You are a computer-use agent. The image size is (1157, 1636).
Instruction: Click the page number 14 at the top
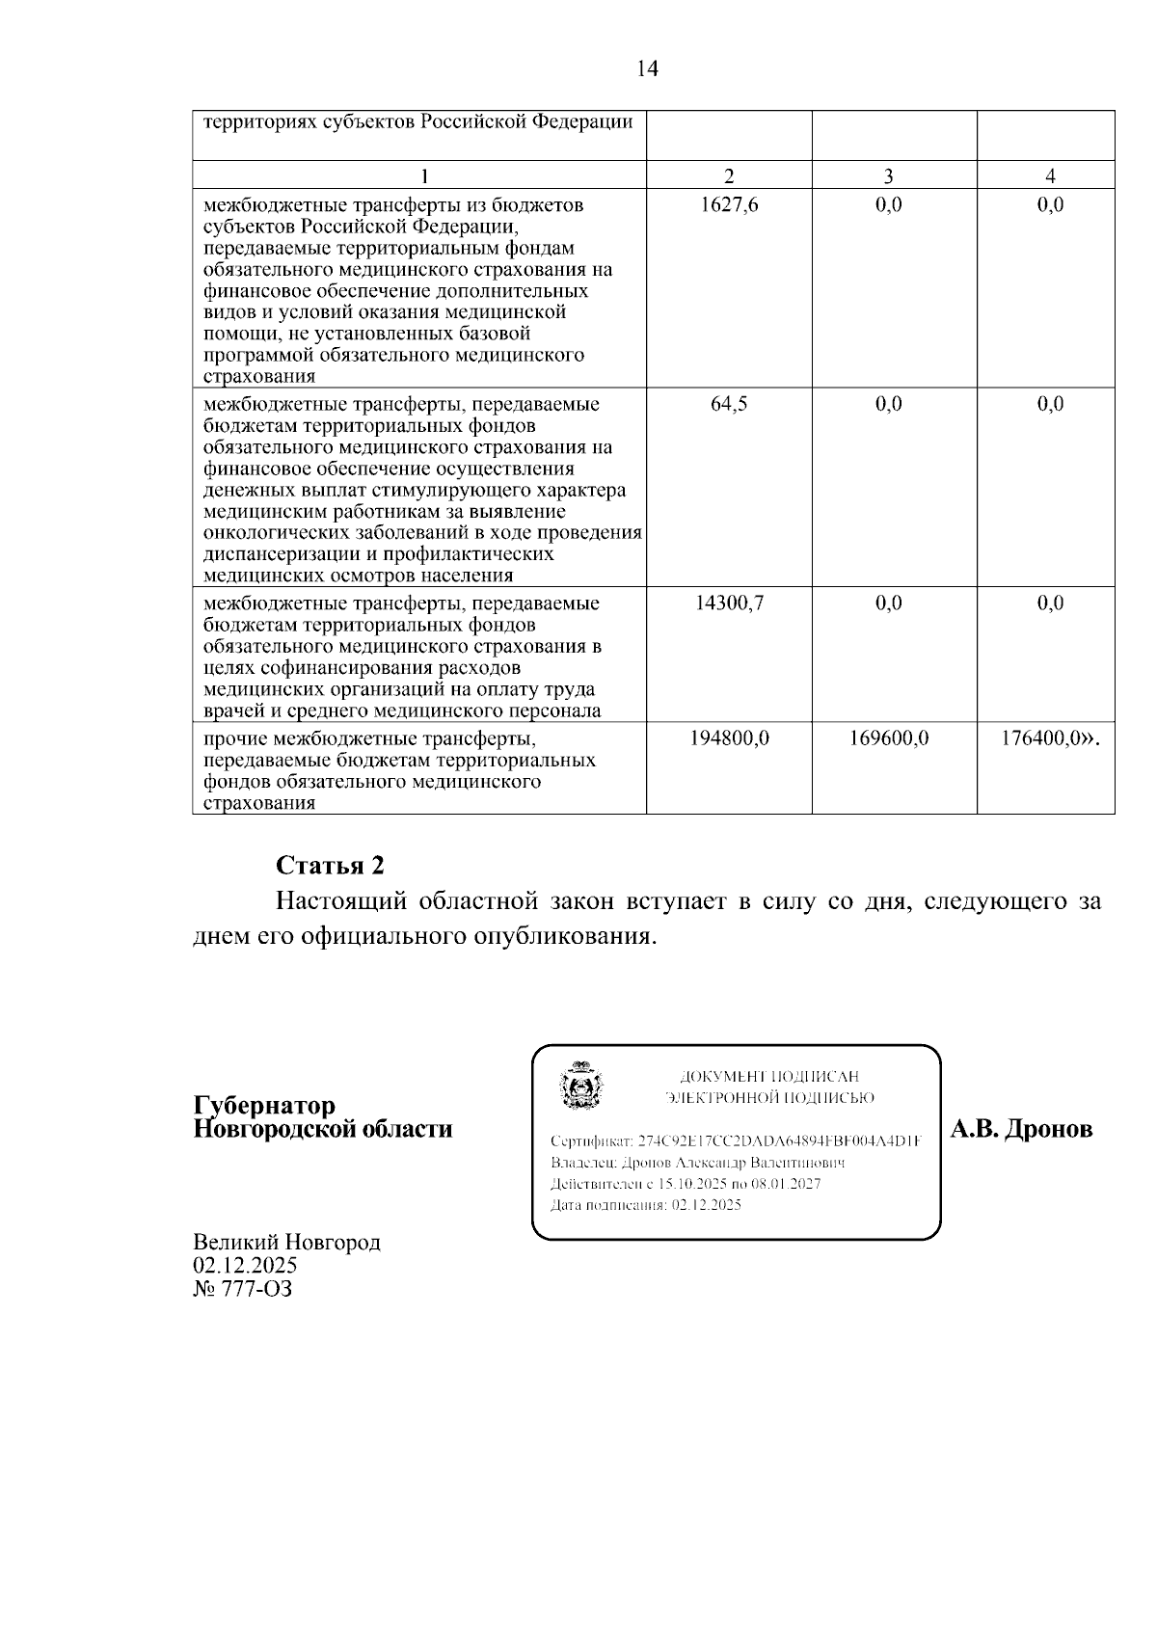(x=647, y=68)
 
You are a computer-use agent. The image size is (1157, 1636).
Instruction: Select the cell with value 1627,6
(x=728, y=204)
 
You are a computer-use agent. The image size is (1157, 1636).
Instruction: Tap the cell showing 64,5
(x=728, y=404)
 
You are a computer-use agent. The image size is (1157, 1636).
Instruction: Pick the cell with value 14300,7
(x=728, y=603)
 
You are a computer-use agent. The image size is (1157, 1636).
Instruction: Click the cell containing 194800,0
(x=729, y=739)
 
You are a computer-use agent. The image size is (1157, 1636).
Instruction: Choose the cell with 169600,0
(x=888, y=739)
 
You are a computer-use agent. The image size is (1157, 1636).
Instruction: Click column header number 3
(x=888, y=175)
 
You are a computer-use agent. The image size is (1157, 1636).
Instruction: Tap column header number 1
(x=421, y=175)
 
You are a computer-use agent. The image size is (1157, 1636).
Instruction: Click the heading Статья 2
(x=330, y=865)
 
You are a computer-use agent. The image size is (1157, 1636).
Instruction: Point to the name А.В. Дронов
(x=1022, y=1129)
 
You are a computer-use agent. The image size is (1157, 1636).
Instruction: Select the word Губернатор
(x=264, y=1105)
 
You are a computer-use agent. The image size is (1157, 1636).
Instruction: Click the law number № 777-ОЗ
(x=242, y=1288)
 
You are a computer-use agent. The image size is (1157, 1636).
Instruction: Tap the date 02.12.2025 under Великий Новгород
(x=245, y=1265)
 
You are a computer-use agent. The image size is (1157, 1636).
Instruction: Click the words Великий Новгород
(x=286, y=1242)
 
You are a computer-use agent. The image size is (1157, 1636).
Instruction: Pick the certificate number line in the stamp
(x=735, y=1140)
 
